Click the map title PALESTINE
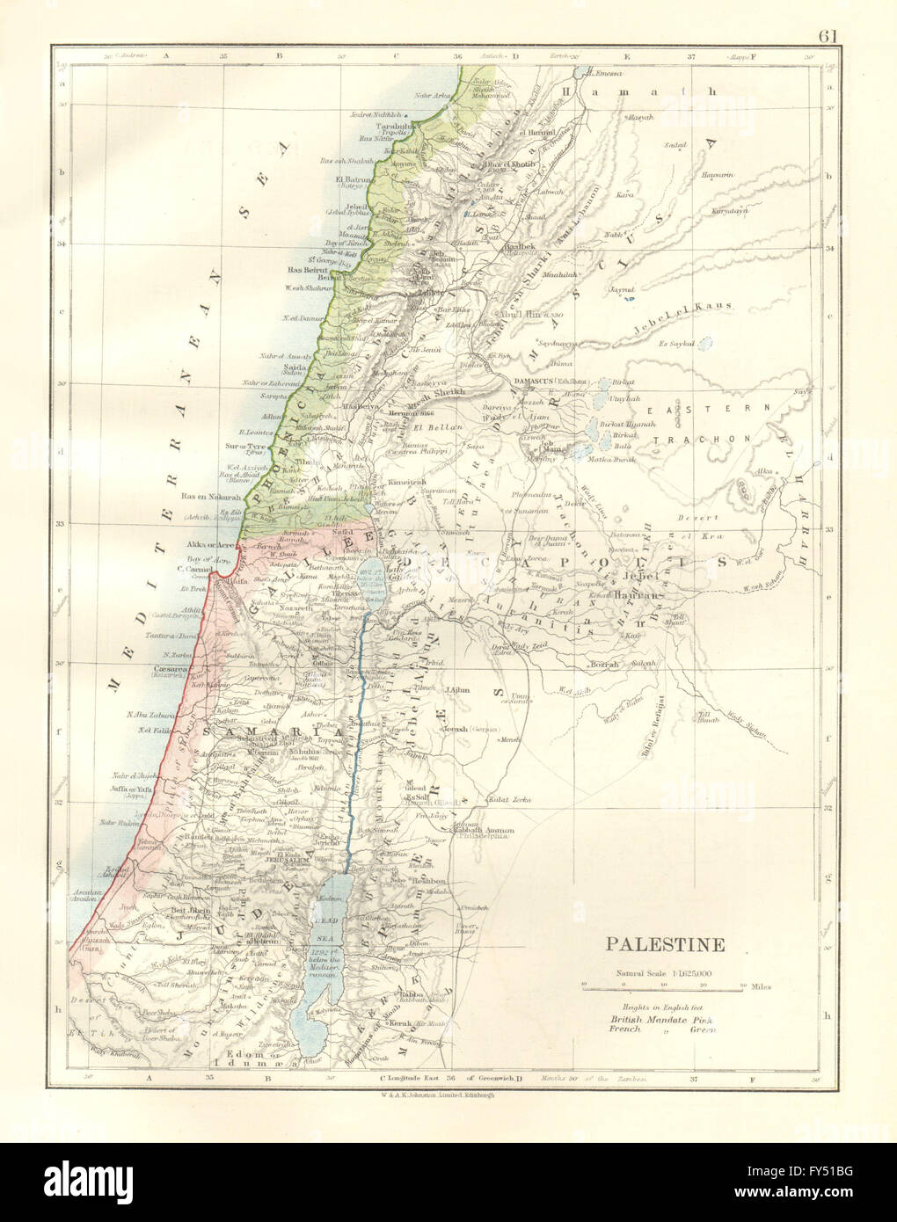click(x=664, y=946)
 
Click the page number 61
click(x=827, y=12)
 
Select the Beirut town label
click(x=327, y=278)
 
